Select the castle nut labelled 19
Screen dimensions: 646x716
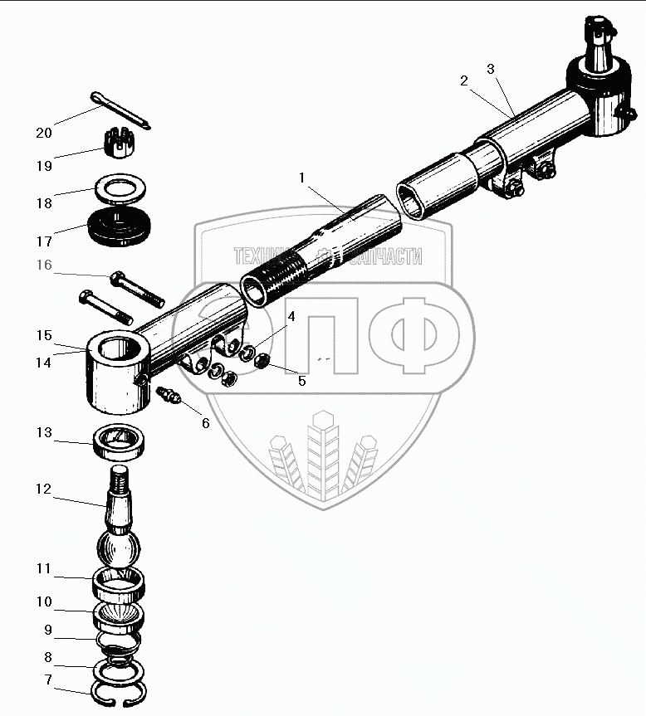[122, 143]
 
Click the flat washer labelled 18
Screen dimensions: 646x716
[121, 188]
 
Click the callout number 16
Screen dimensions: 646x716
[43, 265]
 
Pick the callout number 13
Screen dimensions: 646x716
[43, 432]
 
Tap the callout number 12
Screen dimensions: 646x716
[43, 490]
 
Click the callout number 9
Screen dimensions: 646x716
[43, 630]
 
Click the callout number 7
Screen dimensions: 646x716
[43, 680]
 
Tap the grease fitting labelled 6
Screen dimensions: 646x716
[169, 396]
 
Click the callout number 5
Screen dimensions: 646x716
[302, 381]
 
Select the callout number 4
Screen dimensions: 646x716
[291, 316]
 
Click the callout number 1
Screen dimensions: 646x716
[302, 178]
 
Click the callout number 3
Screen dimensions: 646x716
[491, 69]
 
